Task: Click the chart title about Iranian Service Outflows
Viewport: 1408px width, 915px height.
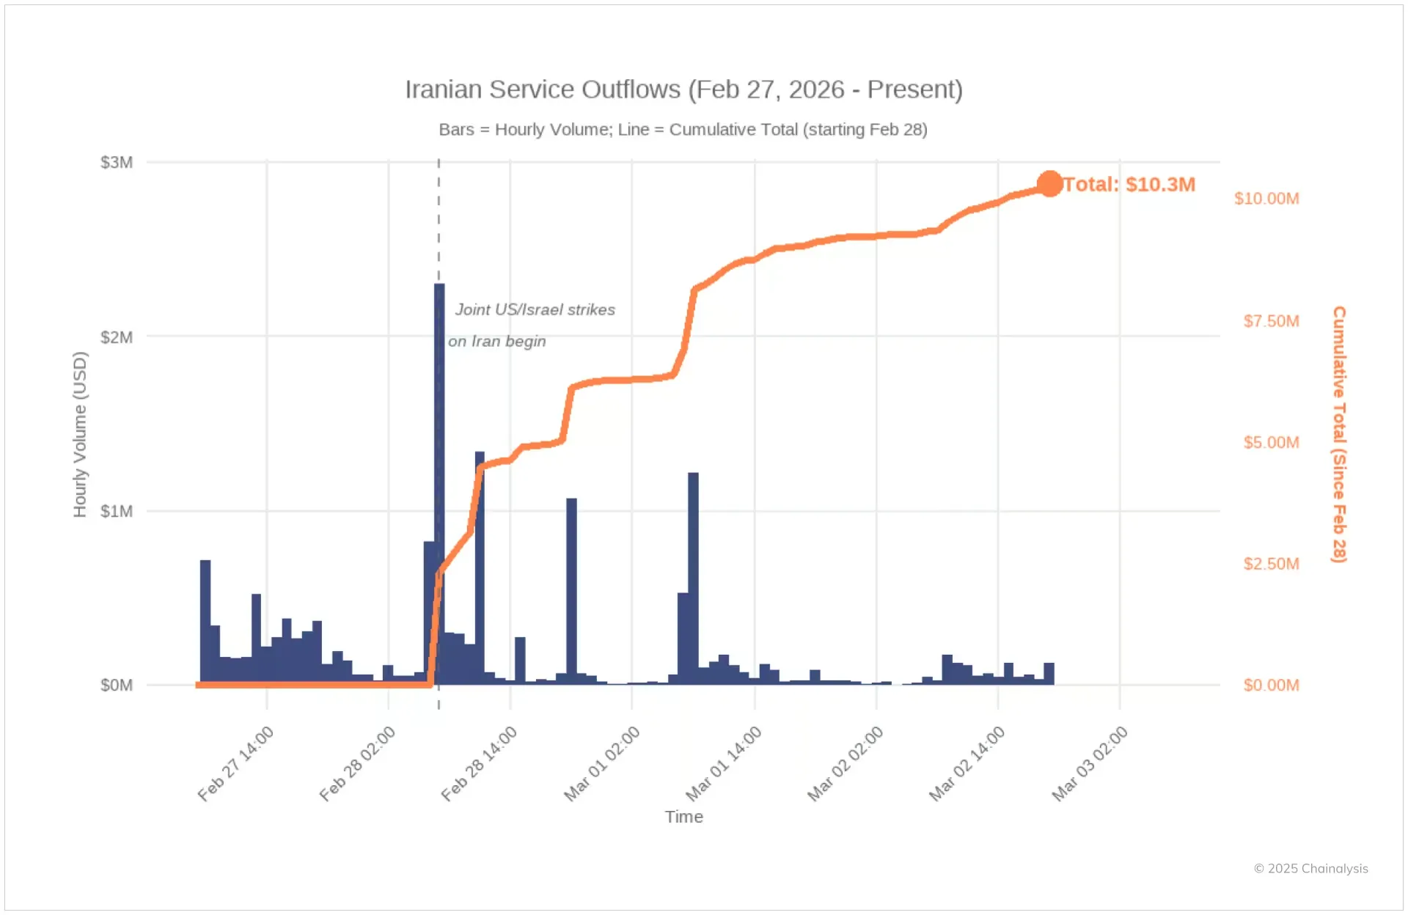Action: pyautogui.click(x=683, y=89)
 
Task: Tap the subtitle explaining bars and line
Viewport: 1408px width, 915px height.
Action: pyautogui.click(x=683, y=130)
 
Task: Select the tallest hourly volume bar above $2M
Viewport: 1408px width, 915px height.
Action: pyautogui.click(x=439, y=440)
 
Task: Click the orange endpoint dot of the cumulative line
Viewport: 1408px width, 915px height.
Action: pyautogui.click(x=1049, y=184)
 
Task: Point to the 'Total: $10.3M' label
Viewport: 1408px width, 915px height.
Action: pyautogui.click(x=1129, y=184)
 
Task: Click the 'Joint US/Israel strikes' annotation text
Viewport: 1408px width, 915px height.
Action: pyautogui.click(x=535, y=310)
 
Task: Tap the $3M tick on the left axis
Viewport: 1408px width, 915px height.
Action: pyautogui.click(x=117, y=162)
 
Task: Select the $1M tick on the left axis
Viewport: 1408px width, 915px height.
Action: pyautogui.click(x=117, y=511)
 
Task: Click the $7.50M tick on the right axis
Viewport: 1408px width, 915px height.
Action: pyautogui.click(x=1271, y=321)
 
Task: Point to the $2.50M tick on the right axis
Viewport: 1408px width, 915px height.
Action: pyautogui.click(x=1271, y=564)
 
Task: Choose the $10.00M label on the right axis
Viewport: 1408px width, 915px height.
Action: pyautogui.click(x=1266, y=199)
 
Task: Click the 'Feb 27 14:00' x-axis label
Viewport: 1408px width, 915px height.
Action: pyautogui.click(x=236, y=763)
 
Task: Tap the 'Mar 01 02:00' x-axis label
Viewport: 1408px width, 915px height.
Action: pyautogui.click(x=602, y=763)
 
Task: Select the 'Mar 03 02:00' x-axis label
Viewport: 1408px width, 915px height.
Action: pyautogui.click(x=1090, y=763)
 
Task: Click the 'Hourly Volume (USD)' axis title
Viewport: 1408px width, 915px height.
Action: pyautogui.click(x=80, y=434)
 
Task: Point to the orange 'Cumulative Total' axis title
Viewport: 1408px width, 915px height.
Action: pyautogui.click(x=1339, y=434)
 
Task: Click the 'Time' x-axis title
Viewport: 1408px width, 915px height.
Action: pyautogui.click(x=683, y=817)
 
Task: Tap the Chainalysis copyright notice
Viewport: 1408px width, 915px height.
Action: pyautogui.click(x=1310, y=869)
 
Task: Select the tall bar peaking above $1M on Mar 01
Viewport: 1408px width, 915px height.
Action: pyautogui.click(x=693, y=579)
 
